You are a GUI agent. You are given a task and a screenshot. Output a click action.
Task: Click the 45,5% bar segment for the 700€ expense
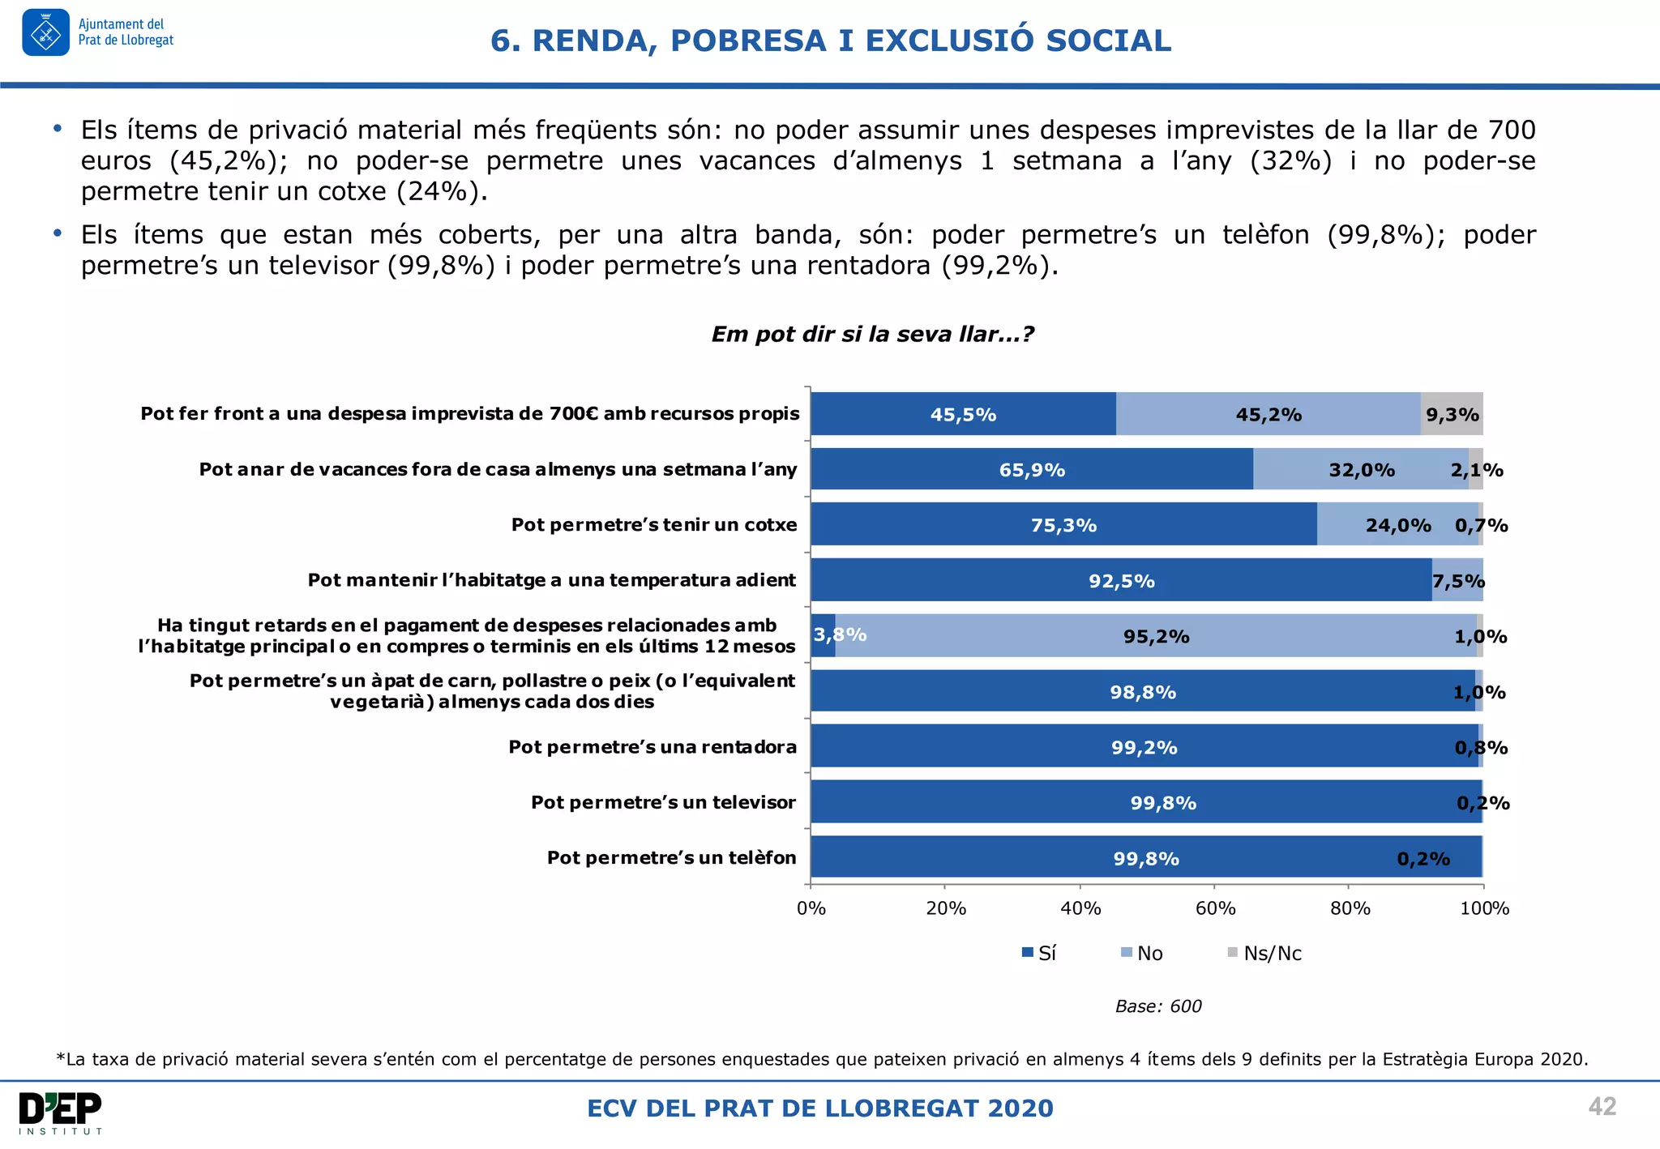pos(963,414)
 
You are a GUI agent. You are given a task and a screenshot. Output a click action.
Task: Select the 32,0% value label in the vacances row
pos(1362,470)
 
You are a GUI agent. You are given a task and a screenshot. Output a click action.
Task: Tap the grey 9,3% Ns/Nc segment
pos(1452,414)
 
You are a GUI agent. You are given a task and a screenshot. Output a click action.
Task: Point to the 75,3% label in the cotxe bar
pos(1063,525)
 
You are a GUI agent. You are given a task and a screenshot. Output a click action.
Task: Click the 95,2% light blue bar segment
pos(1156,636)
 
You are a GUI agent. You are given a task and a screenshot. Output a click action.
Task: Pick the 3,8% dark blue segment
pos(823,635)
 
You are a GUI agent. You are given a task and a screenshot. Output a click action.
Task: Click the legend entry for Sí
pos(1039,953)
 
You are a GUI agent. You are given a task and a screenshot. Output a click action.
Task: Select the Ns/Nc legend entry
pos(1264,953)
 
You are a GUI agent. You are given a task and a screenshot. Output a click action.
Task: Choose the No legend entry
pos(1142,953)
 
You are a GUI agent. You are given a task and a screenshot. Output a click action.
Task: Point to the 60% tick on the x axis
pos(1215,908)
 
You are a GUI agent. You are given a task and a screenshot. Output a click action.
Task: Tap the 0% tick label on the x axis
pos(811,908)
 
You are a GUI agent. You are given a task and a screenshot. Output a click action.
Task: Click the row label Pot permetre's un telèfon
pos(671,857)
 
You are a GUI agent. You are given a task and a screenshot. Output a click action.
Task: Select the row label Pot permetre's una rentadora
pos(652,746)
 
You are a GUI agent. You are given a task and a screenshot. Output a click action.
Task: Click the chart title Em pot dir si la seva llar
pos(872,334)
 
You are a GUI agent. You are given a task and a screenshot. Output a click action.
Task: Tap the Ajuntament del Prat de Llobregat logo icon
pos(46,33)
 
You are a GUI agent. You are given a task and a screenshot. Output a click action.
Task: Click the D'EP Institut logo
pos(61,1113)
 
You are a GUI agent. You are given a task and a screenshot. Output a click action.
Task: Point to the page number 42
pos(1602,1106)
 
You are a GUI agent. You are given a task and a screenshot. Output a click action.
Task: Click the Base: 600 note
pos(1157,1006)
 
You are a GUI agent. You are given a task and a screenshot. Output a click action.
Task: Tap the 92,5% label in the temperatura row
pos(1121,581)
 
